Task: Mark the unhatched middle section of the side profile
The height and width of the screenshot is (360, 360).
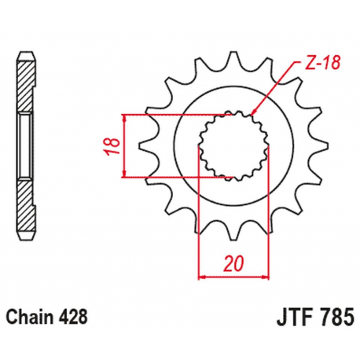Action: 27,146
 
